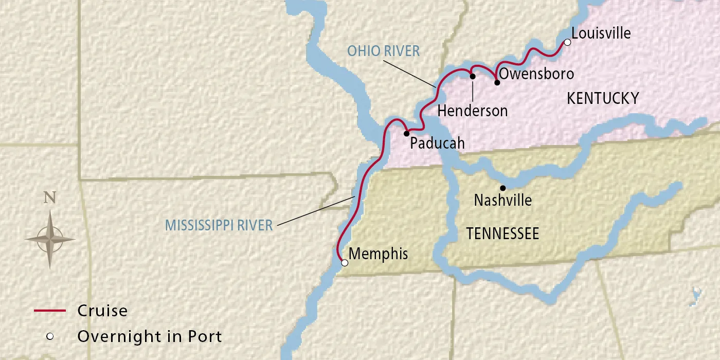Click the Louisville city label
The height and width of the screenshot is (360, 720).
601,33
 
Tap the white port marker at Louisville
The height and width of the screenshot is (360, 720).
567,43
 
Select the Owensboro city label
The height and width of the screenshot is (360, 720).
536,74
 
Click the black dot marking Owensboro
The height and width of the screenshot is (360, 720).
497,82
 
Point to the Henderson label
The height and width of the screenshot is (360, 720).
472,111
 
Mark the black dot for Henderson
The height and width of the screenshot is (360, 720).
473,76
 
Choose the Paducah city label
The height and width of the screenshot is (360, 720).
437,143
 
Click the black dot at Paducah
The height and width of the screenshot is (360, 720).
406,133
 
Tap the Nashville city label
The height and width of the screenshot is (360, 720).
502,200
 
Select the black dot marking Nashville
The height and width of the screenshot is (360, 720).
503,188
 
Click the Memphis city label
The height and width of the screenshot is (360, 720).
378,254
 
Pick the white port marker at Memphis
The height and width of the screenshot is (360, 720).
345,263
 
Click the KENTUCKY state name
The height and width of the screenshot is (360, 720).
602,98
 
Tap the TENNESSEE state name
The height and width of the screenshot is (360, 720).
502,234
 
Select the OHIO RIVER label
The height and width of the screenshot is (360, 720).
383,50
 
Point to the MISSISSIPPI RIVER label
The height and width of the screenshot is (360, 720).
219,225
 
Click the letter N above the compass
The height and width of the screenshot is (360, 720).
49,198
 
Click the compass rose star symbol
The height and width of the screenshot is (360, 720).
50,239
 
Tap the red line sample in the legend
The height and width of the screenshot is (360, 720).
50,311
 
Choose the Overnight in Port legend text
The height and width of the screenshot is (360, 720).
150,337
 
